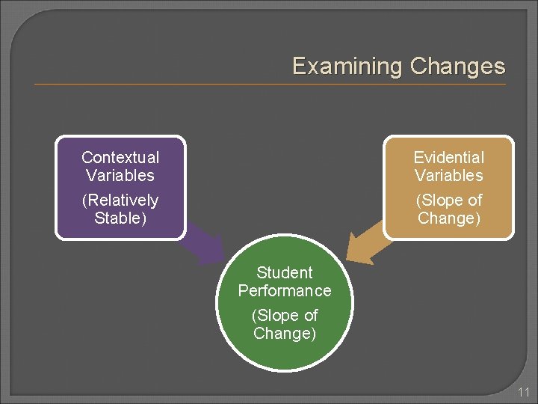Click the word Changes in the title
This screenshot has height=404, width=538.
pos(458,67)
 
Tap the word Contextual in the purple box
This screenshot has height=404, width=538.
pos(120,157)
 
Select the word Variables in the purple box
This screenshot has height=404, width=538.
pos(120,176)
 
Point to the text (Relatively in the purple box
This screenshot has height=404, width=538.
pos(120,201)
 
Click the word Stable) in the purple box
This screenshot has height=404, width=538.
pos(120,218)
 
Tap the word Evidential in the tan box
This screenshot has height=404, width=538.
pos(449,157)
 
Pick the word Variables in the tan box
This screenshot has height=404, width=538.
pos(449,176)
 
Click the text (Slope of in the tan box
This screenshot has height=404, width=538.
pos(449,201)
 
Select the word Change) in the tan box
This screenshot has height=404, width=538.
pos(449,218)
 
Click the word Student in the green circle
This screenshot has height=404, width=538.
pos(285,272)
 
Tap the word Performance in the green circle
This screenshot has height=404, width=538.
pos(285,290)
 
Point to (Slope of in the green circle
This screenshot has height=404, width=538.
pos(285,316)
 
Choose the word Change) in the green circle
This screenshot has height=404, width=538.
pos(285,334)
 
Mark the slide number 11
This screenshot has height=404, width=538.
pos(524,392)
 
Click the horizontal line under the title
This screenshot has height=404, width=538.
pos(269,85)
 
